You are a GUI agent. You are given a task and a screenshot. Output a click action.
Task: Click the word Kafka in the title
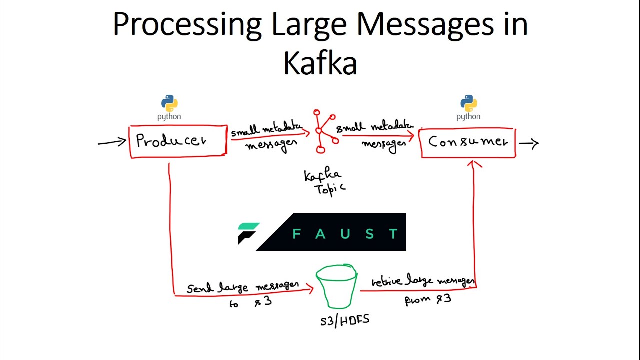[320, 63]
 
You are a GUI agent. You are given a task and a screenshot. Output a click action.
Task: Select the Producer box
[178, 141]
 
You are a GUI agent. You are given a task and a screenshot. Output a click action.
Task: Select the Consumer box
[468, 142]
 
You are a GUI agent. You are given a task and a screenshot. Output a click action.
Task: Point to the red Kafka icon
[324, 131]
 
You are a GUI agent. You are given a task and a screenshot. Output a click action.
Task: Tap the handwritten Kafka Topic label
[324, 182]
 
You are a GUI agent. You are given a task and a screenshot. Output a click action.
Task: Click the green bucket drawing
[336, 288]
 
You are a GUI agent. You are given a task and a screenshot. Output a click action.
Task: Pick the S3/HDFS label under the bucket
[344, 320]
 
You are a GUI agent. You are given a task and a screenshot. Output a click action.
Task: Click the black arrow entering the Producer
[112, 143]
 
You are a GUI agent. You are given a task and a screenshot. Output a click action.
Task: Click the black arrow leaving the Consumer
[529, 144]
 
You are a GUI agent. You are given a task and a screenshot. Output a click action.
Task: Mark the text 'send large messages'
[243, 287]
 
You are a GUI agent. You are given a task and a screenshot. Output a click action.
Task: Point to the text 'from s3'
[428, 300]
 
